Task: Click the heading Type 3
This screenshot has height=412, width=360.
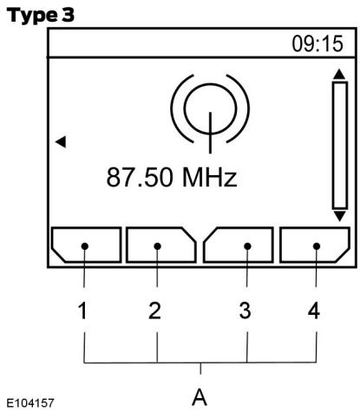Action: tap(41, 16)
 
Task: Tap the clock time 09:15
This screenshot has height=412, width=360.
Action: tap(317, 44)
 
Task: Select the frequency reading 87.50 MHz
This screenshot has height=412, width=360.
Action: tap(172, 177)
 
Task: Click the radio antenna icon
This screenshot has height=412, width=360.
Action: tap(210, 114)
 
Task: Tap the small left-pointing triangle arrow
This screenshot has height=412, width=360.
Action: tap(61, 141)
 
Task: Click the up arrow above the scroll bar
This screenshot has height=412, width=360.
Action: tap(339, 74)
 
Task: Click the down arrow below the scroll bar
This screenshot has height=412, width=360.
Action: tap(339, 216)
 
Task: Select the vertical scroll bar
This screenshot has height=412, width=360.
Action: tap(340, 145)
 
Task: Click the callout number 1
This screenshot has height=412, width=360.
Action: tap(82, 311)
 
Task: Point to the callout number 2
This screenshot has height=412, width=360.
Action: tap(154, 311)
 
